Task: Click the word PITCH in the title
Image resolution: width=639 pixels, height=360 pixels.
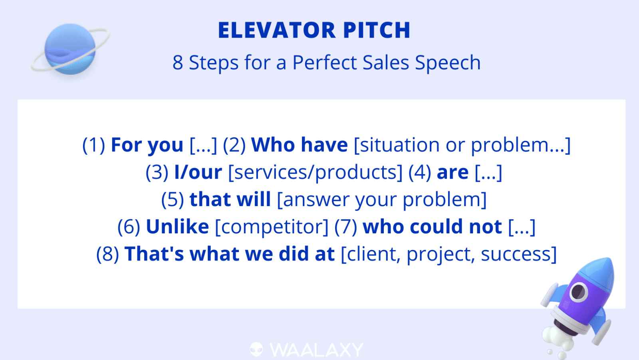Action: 377,30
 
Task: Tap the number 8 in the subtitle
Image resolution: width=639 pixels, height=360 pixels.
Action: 177,62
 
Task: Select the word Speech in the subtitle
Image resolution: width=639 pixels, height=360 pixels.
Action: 448,63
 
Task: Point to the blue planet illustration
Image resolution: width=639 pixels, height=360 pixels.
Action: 70,49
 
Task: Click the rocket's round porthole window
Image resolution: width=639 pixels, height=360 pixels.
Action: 579,292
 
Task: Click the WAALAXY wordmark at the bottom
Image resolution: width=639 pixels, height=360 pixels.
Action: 316,350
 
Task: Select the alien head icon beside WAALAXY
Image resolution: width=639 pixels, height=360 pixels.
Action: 256,350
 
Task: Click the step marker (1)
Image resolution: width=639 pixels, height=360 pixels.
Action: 93,145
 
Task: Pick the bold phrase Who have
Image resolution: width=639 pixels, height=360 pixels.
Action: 299,145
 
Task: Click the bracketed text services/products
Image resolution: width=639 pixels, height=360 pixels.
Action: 315,172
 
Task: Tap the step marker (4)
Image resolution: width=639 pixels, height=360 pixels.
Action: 420,172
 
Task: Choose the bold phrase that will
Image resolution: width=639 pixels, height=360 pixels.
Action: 230,199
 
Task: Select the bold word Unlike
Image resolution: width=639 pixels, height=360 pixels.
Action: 177,227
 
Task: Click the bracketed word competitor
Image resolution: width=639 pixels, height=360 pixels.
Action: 272,227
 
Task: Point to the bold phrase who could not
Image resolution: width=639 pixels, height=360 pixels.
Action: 432,227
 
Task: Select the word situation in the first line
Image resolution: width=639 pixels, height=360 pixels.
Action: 397,145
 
